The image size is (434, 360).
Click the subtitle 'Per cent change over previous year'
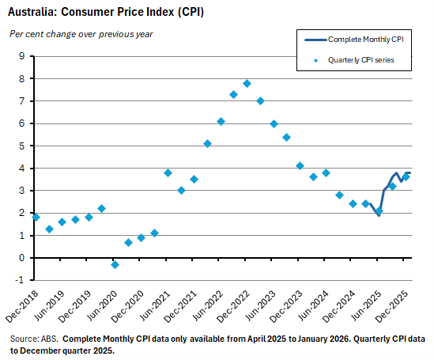(x=81, y=34)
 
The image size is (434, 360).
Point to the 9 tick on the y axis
(x=22, y=56)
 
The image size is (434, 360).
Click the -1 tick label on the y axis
(x=21, y=280)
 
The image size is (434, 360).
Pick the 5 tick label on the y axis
(x=22, y=146)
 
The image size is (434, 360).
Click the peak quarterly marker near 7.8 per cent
(x=247, y=83)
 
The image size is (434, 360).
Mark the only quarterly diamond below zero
(x=115, y=264)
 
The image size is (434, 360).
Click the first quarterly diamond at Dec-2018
(x=36, y=217)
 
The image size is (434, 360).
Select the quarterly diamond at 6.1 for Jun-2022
(x=221, y=121)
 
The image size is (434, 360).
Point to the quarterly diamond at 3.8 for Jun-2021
(x=168, y=172)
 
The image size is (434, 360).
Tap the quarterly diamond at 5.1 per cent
(x=207, y=143)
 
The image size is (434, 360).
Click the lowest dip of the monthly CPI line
(x=378, y=214)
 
